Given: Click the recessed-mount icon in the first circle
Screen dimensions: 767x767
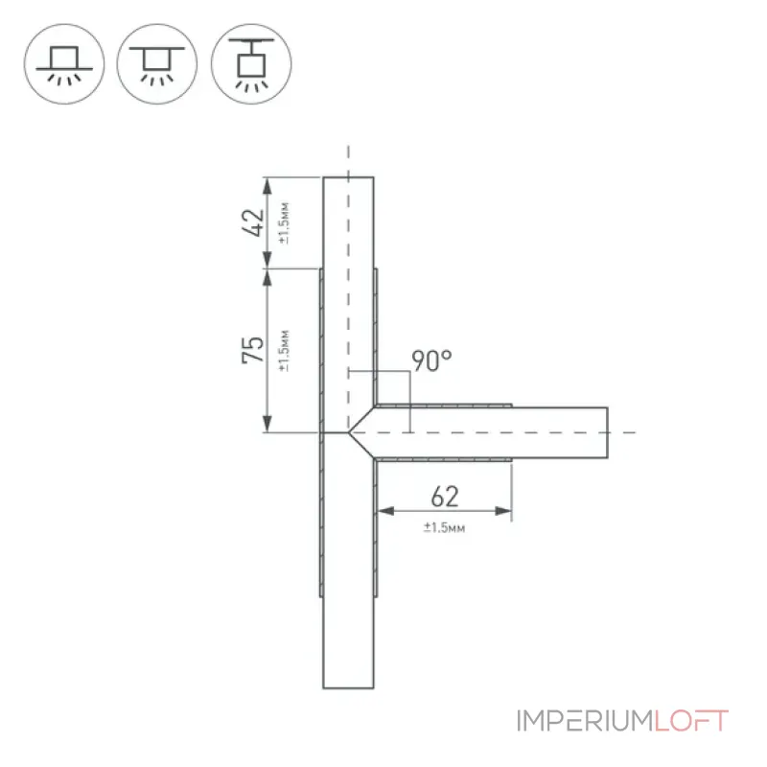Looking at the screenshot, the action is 64,64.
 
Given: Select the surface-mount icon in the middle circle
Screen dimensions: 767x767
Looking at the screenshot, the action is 157,64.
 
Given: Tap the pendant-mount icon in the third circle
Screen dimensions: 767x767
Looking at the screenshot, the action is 251,64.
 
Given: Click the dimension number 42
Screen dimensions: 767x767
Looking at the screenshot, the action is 253,222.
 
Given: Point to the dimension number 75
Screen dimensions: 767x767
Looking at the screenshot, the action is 253,350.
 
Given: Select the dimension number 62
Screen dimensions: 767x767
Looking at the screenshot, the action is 445,497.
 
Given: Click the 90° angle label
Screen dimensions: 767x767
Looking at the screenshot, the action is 431,361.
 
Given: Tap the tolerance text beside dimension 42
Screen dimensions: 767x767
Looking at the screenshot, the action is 284,222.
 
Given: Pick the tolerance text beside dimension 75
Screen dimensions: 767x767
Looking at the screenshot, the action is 284,351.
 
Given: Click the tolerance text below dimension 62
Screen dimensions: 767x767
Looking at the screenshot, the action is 444,527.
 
